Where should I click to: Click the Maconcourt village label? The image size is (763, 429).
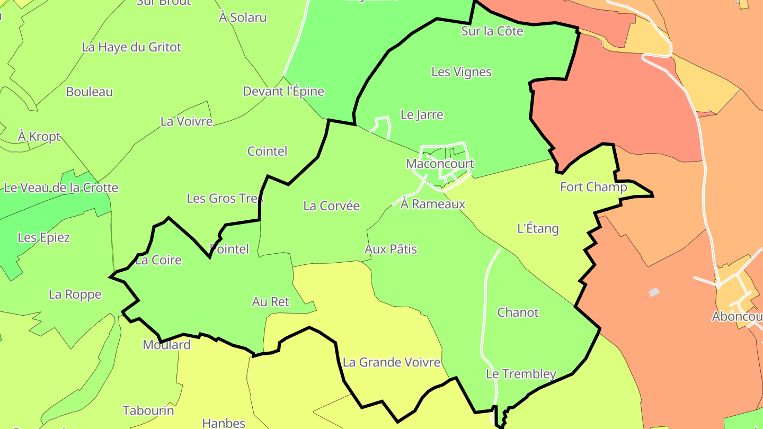click(440, 164)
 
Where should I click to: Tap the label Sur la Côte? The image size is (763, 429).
click(492, 31)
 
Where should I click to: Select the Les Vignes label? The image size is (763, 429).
click(462, 72)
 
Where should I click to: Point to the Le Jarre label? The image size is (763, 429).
click(422, 114)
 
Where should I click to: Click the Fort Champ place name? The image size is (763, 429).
click(593, 187)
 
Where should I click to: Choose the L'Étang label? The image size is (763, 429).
click(538, 229)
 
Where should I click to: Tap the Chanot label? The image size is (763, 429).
click(518, 312)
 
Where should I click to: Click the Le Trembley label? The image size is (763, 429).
click(521, 374)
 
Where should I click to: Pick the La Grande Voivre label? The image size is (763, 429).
click(392, 362)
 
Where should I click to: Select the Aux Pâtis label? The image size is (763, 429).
click(391, 249)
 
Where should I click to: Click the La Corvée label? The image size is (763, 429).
click(332, 206)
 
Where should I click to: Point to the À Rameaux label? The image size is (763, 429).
click(433, 204)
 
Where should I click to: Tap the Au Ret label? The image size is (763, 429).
click(271, 302)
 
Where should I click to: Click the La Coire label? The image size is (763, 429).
click(158, 260)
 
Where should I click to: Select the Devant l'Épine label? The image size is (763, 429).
click(283, 91)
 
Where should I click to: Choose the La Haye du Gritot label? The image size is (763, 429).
click(131, 47)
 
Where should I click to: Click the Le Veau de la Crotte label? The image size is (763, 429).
click(61, 187)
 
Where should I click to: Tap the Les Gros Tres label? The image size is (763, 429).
click(225, 199)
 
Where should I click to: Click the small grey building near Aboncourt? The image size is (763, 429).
click(654, 292)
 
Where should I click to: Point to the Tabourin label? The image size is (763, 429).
click(148, 410)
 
